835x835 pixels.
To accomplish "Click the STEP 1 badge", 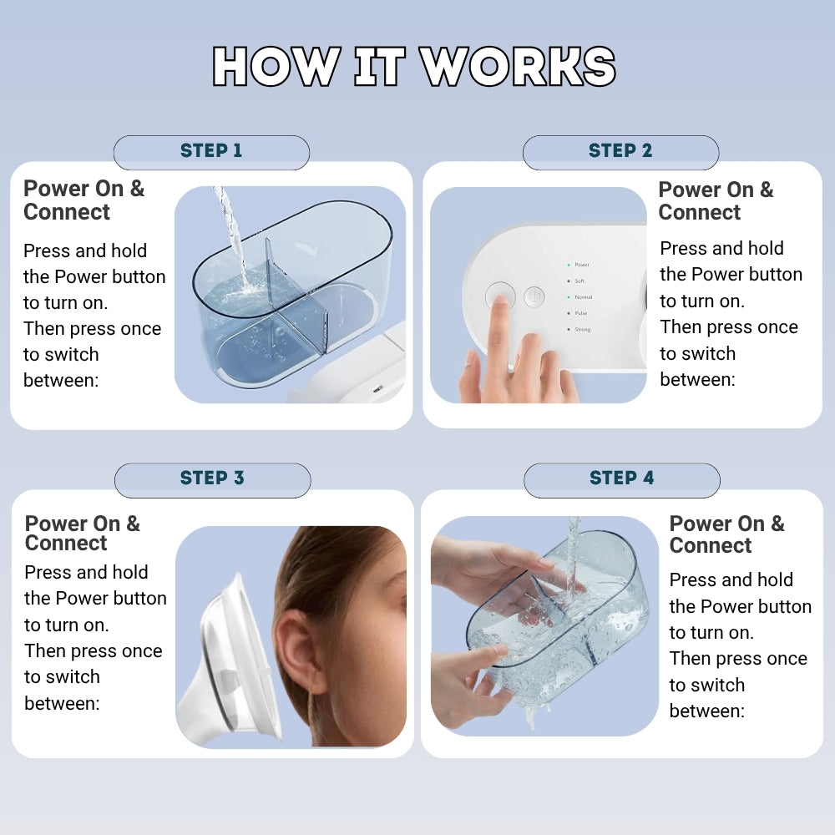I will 211,151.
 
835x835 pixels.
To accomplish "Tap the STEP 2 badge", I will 620,151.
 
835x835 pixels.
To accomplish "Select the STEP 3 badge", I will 212,478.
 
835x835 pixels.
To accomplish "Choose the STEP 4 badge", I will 621,478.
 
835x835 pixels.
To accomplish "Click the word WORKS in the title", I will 518,67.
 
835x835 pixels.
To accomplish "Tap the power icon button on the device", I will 534,296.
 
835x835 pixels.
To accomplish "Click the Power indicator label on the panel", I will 581,265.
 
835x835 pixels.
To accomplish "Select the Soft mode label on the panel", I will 579,281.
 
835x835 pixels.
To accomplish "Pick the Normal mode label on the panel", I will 583,297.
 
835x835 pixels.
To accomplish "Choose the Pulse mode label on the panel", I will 580,313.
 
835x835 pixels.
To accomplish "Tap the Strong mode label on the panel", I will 582,330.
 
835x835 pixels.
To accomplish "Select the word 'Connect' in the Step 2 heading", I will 699,213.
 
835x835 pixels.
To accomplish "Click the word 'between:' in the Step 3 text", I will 62,703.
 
